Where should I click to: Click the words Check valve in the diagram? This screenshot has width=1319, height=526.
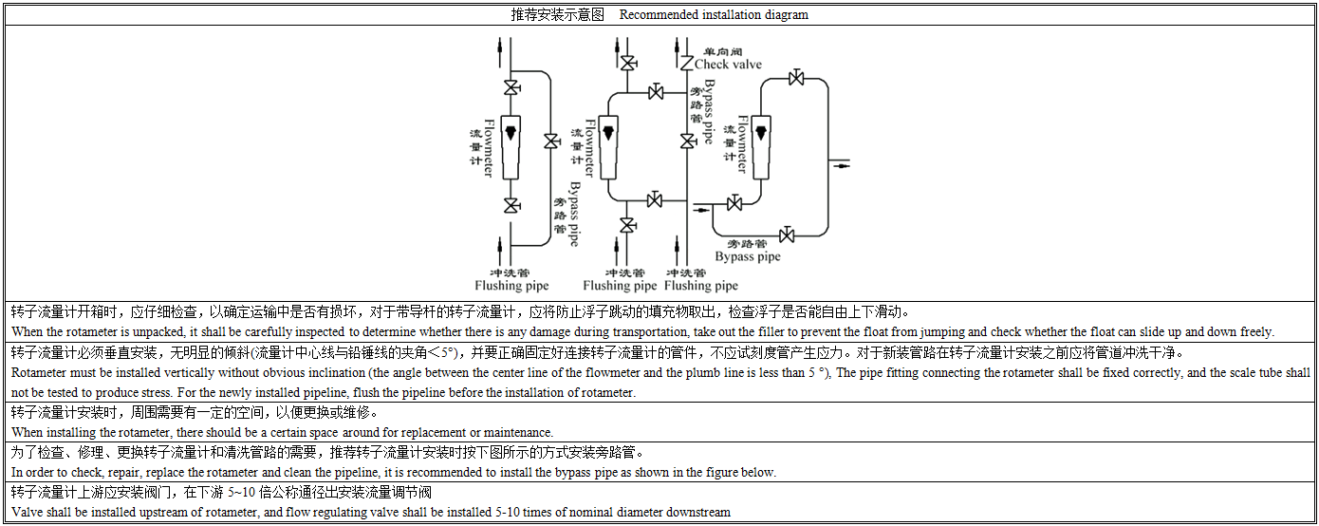[728, 65]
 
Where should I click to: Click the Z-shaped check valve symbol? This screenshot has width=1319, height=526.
[686, 63]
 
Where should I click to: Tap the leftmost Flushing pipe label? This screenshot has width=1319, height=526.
[511, 285]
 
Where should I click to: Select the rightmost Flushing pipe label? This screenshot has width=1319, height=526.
[701, 285]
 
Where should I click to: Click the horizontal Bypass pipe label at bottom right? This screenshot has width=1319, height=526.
[748, 256]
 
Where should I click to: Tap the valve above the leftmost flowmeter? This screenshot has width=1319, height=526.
[511, 89]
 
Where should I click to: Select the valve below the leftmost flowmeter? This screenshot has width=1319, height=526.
[511, 205]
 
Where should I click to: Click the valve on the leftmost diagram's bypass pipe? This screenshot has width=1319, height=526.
[551, 141]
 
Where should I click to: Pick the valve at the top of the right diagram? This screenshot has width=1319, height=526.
[797, 78]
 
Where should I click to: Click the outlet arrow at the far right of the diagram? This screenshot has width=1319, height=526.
[841, 165]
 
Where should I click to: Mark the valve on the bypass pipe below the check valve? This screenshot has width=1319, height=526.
[686, 141]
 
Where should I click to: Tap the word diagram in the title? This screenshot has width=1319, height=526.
[786, 14]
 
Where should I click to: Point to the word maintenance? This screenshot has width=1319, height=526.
[513, 433]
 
